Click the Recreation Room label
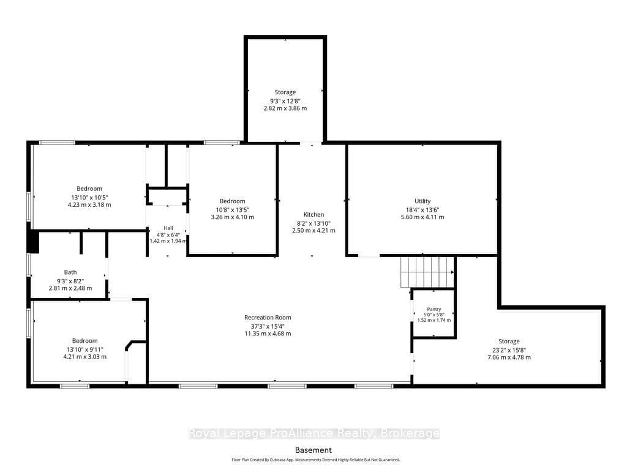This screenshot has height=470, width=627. pos(268,318)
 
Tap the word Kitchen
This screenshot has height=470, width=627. pos(313,215)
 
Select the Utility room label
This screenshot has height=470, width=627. pos(422,201)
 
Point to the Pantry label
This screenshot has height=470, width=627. pos(434,309)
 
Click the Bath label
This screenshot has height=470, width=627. pos(70,272)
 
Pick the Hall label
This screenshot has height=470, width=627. pos(168,228)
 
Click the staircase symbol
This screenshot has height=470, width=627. pos(427,272)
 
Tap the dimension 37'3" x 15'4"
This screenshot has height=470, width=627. pos(268,326)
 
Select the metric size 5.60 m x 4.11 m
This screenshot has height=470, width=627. pos(422,217)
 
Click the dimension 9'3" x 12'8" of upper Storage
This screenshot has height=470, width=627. pos(285,101)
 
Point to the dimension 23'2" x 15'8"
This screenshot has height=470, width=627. pos(509,349)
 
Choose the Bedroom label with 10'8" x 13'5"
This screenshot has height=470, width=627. pos(232,201)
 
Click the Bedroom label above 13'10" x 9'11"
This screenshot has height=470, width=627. pos(84,340)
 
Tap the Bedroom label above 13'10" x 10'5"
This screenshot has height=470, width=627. pos(89,188)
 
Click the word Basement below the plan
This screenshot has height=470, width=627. pos(313,450)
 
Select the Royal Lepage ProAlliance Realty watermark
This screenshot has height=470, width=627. pos(314,433)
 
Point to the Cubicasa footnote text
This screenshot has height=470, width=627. pos(316,460)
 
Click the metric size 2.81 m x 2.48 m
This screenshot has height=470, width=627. pos(70,288)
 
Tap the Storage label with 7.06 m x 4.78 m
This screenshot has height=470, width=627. pos(509,341)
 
